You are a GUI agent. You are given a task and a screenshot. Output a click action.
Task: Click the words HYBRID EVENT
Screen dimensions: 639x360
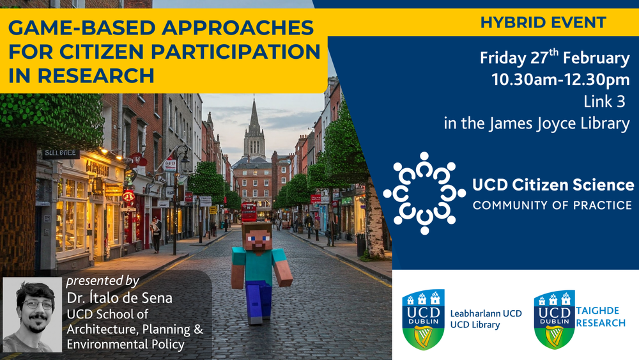(543, 22)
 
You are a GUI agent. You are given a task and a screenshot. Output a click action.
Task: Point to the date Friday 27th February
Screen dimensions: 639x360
(555, 58)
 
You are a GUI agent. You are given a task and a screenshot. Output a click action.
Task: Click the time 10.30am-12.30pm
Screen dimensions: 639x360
(560, 79)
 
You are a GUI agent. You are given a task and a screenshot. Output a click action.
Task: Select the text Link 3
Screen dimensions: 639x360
(604, 102)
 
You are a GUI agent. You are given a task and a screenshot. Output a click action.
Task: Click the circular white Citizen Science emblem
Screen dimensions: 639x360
(424, 193)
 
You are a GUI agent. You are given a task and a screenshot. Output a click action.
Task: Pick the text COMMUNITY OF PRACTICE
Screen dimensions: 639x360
(552, 205)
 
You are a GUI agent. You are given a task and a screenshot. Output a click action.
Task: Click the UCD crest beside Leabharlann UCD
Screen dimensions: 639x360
(423, 320)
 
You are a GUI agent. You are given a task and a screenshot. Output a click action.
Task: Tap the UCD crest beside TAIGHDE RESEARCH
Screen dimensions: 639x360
(554, 320)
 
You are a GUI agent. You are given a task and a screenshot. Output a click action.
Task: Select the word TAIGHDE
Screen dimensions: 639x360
(597, 311)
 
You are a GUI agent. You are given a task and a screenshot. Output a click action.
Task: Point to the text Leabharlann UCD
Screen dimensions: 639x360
(486, 313)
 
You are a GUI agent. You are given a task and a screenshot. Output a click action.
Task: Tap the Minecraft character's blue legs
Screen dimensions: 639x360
(258, 302)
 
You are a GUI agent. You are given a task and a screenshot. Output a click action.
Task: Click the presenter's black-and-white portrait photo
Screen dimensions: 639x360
(32, 315)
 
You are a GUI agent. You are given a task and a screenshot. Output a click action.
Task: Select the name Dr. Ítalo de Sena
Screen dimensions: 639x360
(119, 298)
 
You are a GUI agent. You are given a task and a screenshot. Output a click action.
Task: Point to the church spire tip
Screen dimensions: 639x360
(254, 97)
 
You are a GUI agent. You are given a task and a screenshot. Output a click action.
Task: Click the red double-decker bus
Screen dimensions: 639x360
(249, 212)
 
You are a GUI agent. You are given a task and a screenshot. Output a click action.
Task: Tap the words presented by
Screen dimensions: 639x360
(103, 281)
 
